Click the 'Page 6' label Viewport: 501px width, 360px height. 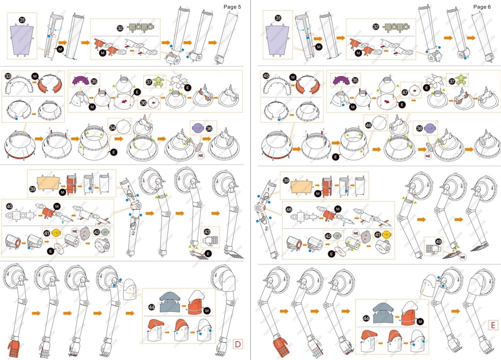(483, 6)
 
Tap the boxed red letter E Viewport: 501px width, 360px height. (493, 325)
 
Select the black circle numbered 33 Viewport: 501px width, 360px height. (8, 76)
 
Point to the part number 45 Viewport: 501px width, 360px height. (266, 76)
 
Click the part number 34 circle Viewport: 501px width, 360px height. (112, 127)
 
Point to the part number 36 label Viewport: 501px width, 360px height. (143, 103)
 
